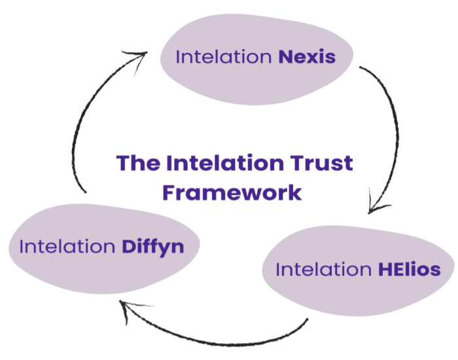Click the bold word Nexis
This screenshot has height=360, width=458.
click(x=307, y=57)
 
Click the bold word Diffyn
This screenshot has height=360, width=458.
click(x=152, y=247)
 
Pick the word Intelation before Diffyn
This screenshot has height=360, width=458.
click(x=68, y=247)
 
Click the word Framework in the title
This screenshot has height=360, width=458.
click(x=232, y=192)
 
